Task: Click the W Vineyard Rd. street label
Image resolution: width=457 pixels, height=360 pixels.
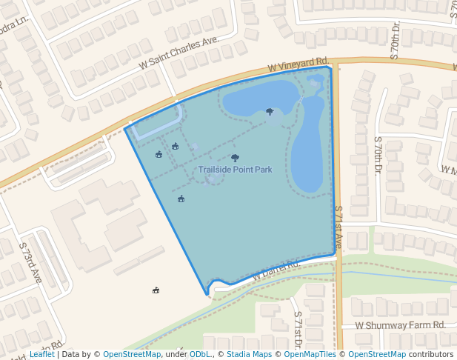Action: point(298,64)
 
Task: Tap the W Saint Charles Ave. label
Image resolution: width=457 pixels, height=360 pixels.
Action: point(180,53)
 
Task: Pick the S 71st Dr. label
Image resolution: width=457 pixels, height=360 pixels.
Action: point(298,327)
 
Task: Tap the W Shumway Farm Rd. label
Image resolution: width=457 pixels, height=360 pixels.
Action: point(400,325)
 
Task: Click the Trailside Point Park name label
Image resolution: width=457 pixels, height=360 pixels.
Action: point(235,170)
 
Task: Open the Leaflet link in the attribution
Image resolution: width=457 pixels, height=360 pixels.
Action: point(42,354)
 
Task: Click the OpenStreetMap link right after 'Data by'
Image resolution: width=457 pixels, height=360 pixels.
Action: point(131,354)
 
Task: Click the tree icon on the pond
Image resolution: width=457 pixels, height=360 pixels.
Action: point(269,112)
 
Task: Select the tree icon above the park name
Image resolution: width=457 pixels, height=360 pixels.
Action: point(235,157)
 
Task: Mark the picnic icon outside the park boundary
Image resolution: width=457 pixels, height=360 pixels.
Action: point(156,290)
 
